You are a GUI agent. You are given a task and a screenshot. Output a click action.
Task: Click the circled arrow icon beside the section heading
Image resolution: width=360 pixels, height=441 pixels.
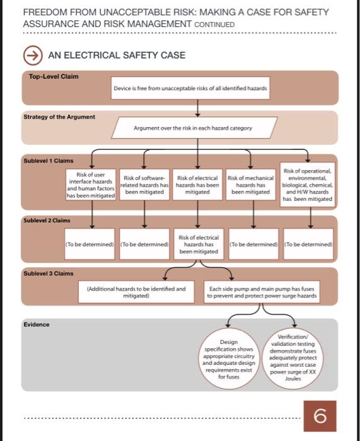point(33,55)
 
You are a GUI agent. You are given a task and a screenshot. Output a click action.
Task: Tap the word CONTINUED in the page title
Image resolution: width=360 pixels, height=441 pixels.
point(214,25)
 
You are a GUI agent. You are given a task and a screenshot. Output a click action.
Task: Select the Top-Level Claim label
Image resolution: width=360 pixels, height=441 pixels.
point(54,76)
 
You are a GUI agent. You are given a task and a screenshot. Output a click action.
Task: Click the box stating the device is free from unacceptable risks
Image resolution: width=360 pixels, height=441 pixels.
point(190,89)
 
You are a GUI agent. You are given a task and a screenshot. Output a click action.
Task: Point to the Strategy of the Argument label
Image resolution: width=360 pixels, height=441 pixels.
point(59,117)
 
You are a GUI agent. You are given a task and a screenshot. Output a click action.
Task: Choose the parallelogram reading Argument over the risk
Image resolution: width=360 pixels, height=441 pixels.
point(193,128)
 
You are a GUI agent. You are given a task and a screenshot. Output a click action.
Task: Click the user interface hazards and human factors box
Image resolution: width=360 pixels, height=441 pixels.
point(91,185)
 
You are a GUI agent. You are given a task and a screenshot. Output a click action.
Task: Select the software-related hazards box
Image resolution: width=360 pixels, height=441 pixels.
point(145,185)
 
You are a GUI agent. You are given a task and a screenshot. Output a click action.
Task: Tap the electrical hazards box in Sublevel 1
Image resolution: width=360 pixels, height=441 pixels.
point(198,185)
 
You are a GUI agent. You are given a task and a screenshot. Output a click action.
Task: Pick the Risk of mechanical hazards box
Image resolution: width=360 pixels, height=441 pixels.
point(250,185)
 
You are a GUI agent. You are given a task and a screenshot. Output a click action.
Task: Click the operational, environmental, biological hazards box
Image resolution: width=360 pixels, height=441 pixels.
point(308,185)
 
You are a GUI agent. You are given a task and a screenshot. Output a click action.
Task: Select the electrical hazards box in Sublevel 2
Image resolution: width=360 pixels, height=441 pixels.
point(198,244)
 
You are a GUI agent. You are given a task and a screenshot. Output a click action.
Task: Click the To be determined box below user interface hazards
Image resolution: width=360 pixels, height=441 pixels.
point(90,244)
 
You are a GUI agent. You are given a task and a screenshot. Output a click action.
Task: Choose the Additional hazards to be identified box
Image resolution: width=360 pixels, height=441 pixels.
point(136,292)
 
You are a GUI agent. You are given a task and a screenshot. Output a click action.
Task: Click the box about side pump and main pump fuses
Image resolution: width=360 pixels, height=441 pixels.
point(263,292)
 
